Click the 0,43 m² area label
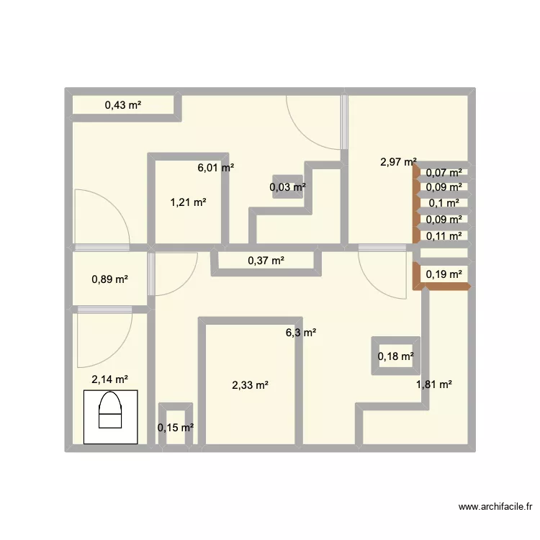122,105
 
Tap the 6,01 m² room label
216,168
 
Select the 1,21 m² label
188,202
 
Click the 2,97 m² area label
398,162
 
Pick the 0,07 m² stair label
444,173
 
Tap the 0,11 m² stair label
444,235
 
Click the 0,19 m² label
444,274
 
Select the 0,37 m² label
266,261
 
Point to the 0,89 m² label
110,279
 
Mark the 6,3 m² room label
301,333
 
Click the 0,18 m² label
396,356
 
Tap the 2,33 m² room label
250,385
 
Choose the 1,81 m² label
433,384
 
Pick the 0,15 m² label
176,428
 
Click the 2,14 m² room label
109,379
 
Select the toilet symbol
110,416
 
